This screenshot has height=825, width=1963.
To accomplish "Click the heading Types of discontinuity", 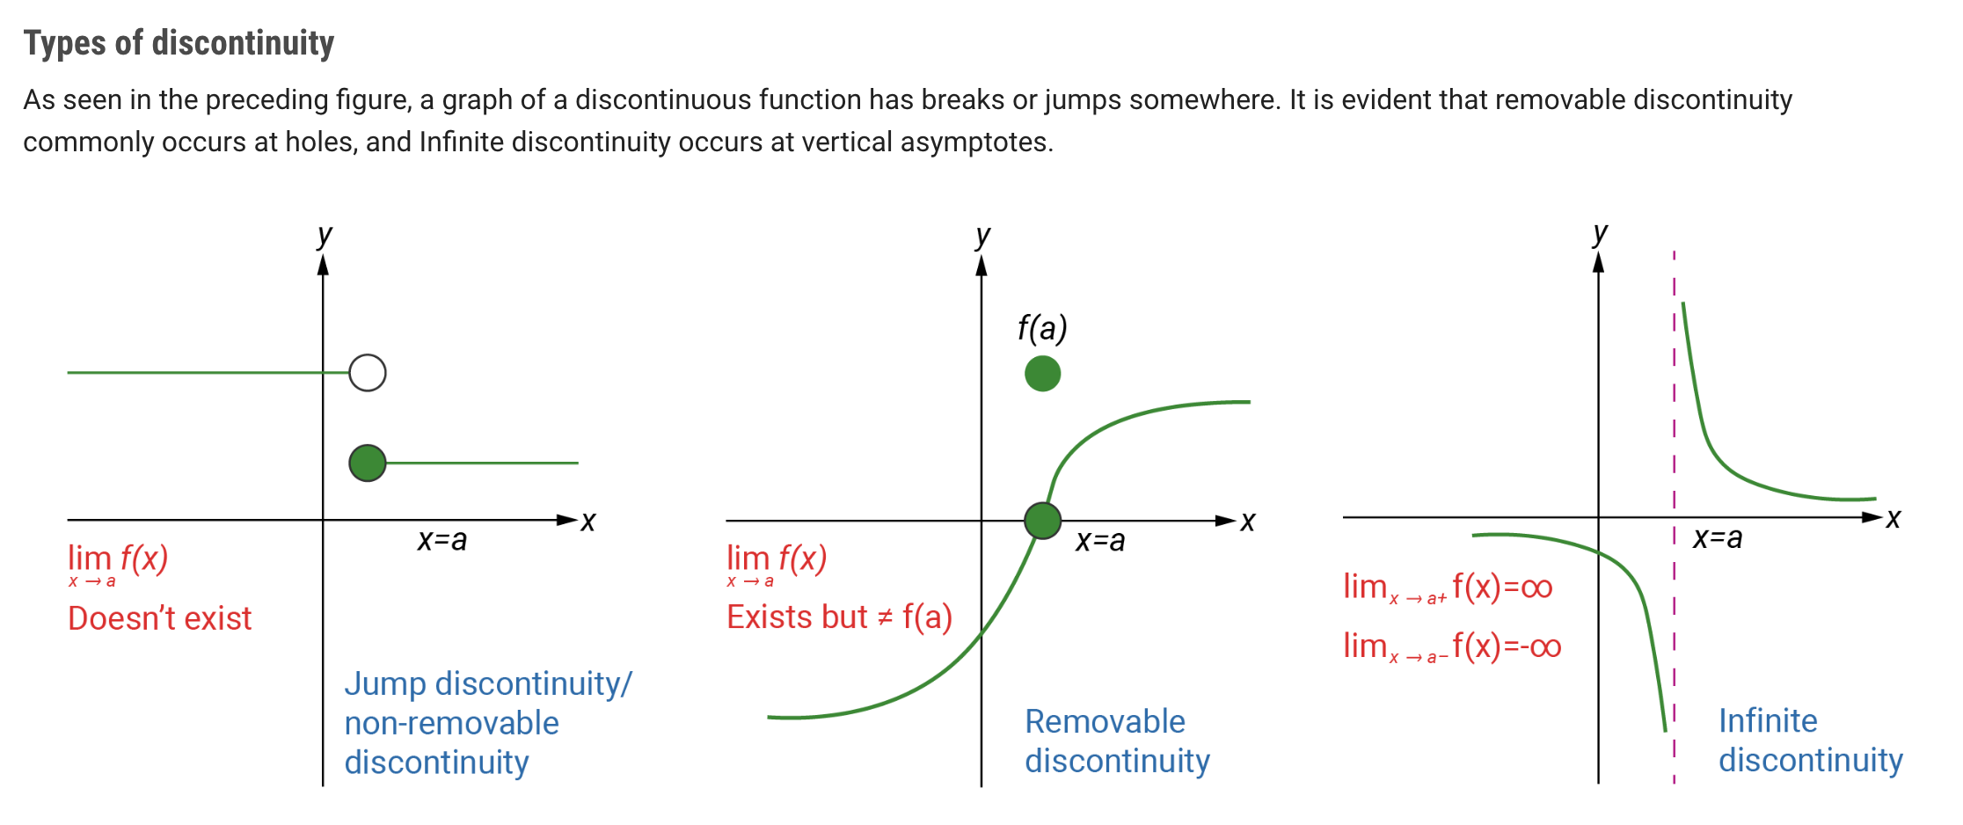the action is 179,43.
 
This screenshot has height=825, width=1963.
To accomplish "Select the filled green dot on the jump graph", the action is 368,463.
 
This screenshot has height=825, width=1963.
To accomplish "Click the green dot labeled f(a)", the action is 1043,373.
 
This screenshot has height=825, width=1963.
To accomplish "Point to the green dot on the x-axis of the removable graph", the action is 1043,521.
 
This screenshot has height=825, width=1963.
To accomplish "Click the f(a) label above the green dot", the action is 1042,328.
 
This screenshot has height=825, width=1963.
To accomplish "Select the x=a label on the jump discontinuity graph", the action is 442,539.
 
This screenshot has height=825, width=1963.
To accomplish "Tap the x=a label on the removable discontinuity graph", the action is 1100,540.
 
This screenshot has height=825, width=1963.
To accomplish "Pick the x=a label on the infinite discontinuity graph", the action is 1718,537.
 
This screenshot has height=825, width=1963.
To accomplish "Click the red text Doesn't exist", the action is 160,618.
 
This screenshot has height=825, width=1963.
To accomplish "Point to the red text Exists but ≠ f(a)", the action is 839,617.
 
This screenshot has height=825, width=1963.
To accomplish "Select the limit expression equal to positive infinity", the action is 1448,588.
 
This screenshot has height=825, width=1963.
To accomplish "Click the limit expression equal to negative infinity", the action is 1452,647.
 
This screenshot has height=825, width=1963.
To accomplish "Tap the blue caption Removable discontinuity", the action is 1118,741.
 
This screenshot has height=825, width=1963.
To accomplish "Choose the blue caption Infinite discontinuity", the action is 1811,740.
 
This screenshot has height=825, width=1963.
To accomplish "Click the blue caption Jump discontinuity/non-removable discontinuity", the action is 488,722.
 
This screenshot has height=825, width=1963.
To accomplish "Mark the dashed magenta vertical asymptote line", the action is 1674,517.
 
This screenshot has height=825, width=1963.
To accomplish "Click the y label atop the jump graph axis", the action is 325,236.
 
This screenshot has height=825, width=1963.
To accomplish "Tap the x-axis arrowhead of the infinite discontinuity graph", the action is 1872,517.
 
